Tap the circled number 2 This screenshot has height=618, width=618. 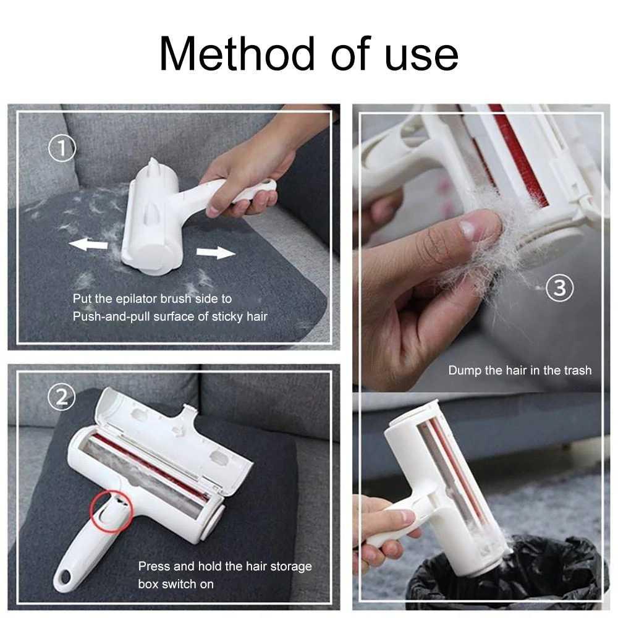(62, 397)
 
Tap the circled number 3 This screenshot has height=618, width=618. (560, 289)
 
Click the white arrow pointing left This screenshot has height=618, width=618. (88, 245)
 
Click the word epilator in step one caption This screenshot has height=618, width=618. (135, 298)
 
